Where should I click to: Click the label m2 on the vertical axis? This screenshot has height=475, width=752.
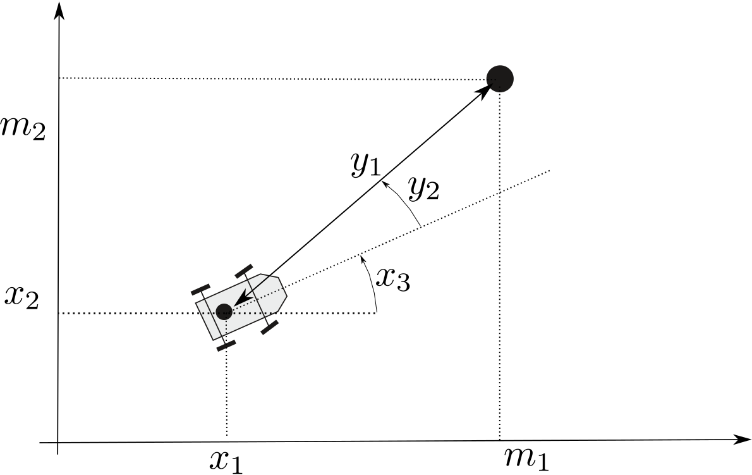coord(23,128)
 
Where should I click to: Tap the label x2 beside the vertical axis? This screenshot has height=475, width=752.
coord(21,297)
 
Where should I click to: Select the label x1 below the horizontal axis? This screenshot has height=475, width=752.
coord(226,462)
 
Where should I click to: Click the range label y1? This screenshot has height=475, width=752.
coord(365,164)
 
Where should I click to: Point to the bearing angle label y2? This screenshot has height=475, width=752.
coord(423,189)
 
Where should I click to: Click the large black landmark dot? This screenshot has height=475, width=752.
coord(500,78)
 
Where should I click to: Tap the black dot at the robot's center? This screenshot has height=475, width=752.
coord(224,311)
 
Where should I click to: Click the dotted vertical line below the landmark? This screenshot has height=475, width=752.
coord(500,266)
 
